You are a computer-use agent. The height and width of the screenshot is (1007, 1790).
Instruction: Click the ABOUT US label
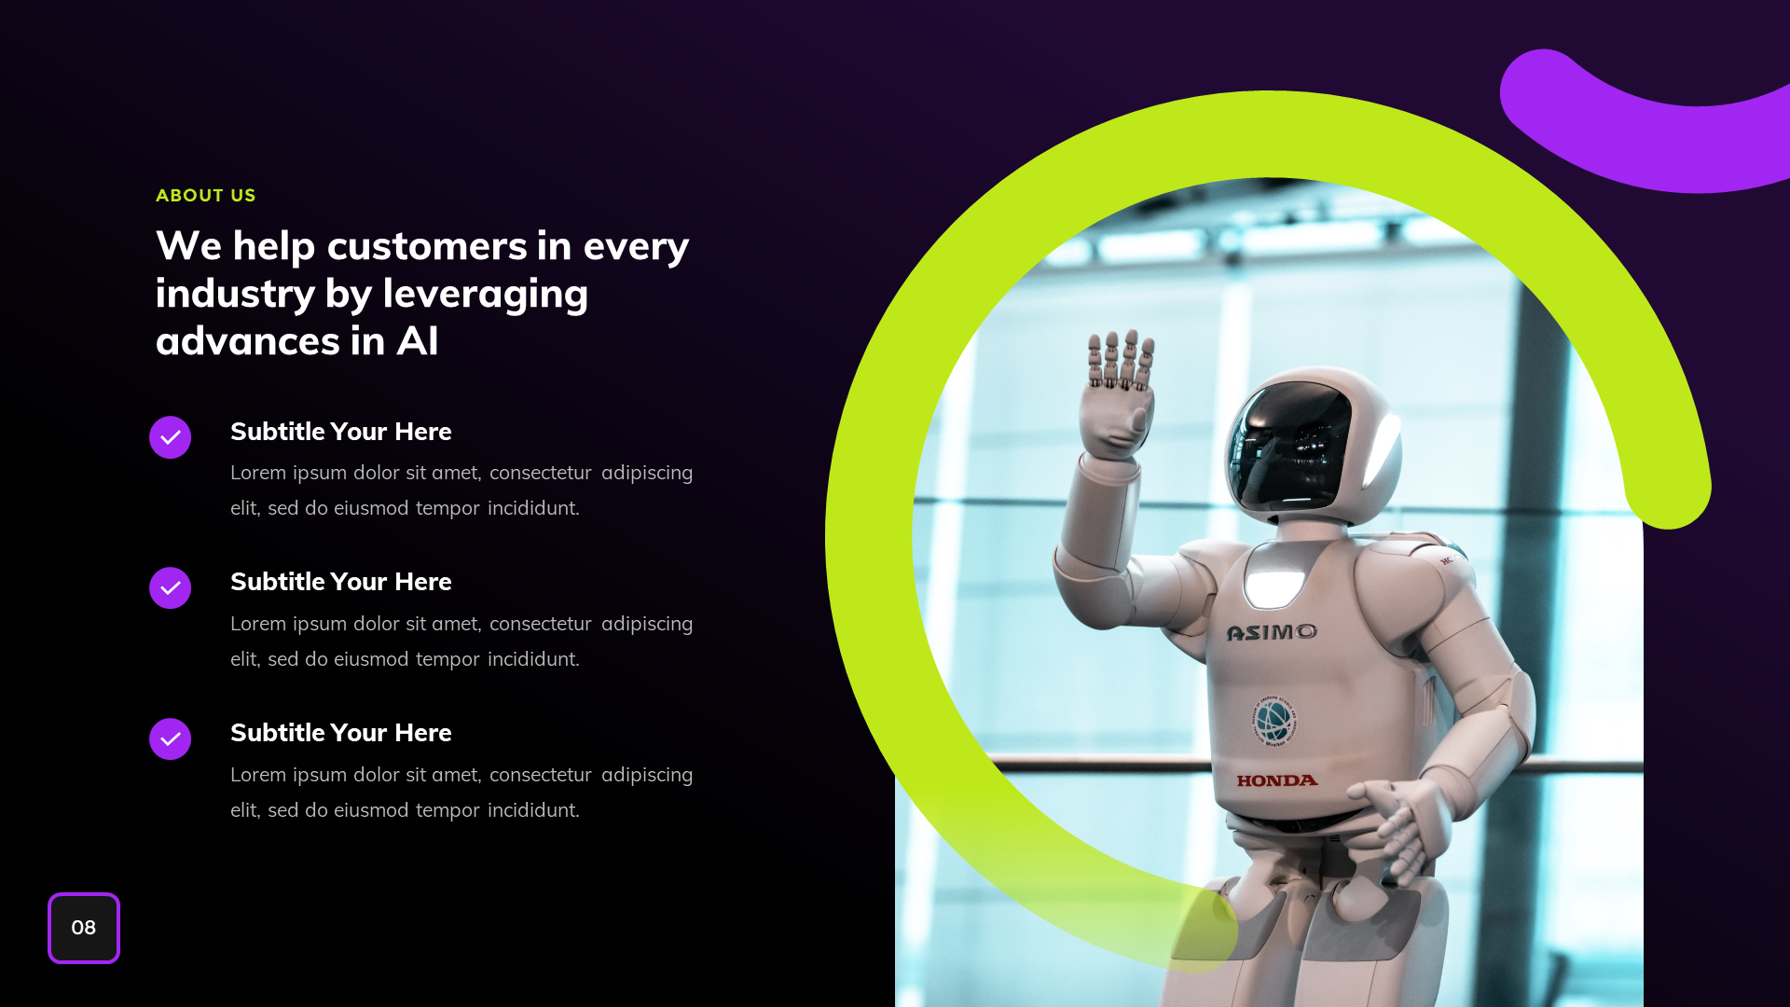205,196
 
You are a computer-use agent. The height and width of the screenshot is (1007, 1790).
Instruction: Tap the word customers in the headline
427,246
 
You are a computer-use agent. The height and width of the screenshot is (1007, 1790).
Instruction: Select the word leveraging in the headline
485,294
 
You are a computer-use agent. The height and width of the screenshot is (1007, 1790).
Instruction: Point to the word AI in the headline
417,341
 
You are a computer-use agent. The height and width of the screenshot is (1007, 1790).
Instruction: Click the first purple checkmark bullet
170,437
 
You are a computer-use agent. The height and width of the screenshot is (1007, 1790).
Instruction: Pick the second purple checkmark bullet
170,588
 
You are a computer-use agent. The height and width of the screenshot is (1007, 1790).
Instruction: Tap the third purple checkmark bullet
170,739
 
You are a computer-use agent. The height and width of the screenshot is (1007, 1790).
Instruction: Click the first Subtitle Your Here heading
340,432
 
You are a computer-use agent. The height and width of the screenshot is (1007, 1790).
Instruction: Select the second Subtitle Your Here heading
340,582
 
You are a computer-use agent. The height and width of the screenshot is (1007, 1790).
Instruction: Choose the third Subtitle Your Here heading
340,733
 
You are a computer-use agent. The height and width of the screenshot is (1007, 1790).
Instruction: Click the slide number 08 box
84,928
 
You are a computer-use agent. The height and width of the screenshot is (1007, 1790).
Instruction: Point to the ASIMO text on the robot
1272,633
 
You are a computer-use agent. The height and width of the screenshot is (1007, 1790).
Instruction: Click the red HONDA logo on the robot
1277,781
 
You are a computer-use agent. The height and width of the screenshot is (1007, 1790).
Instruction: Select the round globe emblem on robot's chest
1274,721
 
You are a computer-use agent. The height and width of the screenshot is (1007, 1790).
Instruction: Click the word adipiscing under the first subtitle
647,474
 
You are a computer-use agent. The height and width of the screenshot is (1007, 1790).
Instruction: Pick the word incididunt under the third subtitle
532,811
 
